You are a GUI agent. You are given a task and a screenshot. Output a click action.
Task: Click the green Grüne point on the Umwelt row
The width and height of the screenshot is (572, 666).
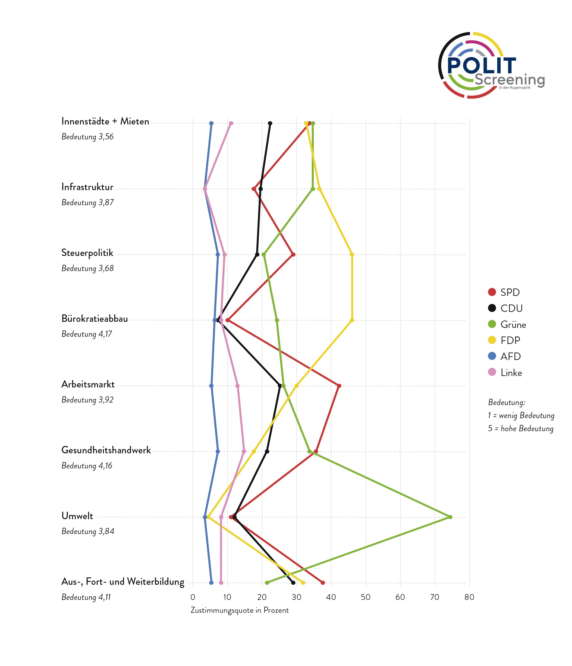point(450,517)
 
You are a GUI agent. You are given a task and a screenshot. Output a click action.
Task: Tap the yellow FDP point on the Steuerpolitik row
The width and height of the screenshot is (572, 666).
point(352,255)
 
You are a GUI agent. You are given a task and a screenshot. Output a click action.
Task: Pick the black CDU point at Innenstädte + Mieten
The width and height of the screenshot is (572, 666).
point(270,123)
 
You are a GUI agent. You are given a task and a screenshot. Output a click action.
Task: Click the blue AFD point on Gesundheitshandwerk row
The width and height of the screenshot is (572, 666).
point(218,452)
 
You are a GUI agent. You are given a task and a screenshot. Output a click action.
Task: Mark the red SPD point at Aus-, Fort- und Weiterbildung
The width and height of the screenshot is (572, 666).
point(323,583)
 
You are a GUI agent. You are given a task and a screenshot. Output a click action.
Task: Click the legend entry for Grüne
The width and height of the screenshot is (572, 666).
point(513,324)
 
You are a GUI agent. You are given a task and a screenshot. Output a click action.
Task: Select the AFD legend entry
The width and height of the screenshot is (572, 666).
point(510,357)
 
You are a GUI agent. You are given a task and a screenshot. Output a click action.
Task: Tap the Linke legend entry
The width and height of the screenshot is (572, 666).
point(511,373)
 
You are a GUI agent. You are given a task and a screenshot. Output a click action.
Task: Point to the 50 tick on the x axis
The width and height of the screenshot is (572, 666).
point(366,597)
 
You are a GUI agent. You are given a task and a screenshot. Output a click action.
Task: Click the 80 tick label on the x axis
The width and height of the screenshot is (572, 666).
point(469,597)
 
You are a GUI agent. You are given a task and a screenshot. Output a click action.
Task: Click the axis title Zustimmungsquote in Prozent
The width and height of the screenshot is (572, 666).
point(239,610)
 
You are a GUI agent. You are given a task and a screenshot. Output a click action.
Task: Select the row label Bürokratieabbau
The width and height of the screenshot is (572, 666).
point(95,319)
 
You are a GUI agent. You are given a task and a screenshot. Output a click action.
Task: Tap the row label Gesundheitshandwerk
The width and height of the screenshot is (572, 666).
point(106,450)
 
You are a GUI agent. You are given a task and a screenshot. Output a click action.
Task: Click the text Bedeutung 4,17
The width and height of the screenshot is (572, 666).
point(87,334)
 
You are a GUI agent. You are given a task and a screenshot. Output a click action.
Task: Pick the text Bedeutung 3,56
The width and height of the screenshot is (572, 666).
point(87,137)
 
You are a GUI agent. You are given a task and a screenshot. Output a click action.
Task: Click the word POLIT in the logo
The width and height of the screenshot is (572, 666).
point(481,66)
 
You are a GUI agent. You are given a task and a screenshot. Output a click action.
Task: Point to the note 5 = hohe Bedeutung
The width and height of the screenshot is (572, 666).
point(521,429)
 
